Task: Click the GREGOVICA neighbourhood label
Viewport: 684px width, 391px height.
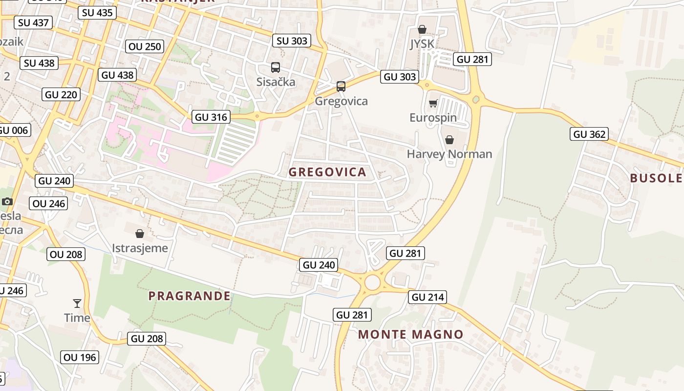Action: [327, 172]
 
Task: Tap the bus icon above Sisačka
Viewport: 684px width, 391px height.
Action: [276, 67]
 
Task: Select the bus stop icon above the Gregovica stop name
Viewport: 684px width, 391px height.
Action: [341, 87]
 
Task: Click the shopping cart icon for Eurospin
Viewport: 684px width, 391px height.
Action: [433, 104]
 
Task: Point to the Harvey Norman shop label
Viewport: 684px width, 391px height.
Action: [449, 154]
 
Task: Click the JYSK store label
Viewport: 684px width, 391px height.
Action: [422, 44]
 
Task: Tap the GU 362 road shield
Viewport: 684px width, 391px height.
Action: [589, 134]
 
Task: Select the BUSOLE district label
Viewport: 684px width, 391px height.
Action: [655, 178]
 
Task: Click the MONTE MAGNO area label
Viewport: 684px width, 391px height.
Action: [410, 334]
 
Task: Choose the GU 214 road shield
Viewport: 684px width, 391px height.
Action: [427, 297]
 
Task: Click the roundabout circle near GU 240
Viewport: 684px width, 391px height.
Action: [372, 282]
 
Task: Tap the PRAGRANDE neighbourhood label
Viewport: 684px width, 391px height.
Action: [190, 296]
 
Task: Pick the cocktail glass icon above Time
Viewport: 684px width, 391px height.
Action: [77, 304]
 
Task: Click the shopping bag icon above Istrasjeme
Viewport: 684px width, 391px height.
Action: [140, 234]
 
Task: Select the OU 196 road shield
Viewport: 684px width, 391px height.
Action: [80, 357]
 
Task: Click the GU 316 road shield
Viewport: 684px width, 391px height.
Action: [211, 117]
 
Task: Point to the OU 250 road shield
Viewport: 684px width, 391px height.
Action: [145, 46]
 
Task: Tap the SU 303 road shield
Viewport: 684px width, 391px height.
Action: [292, 41]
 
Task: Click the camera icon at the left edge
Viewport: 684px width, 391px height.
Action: [7, 201]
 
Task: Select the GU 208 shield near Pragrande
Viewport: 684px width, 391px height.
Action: [147, 338]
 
